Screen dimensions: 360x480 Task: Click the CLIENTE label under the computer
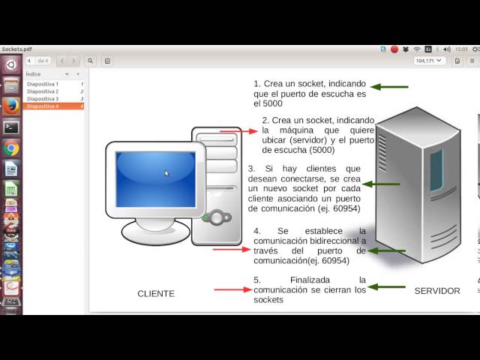click(156, 293)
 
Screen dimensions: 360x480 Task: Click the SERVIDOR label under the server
click(437, 290)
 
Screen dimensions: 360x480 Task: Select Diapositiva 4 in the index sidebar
click(43, 106)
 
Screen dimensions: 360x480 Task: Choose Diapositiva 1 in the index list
click(43, 84)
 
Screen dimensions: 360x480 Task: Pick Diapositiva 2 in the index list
click(43, 91)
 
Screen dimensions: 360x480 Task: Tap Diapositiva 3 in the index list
click(43, 99)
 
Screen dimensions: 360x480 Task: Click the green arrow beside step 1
click(389, 87)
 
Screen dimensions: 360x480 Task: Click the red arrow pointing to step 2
click(238, 130)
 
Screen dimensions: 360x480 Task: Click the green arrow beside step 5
click(387, 286)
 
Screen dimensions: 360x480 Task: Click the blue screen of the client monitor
click(156, 178)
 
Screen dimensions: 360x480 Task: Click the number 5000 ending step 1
click(272, 104)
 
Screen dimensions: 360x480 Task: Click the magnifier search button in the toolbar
click(90, 61)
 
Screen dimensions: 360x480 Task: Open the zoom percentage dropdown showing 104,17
click(430, 61)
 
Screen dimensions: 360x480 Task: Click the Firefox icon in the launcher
click(10, 106)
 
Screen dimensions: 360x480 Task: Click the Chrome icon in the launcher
click(10, 148)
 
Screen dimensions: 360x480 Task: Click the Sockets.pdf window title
click(16, 49)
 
